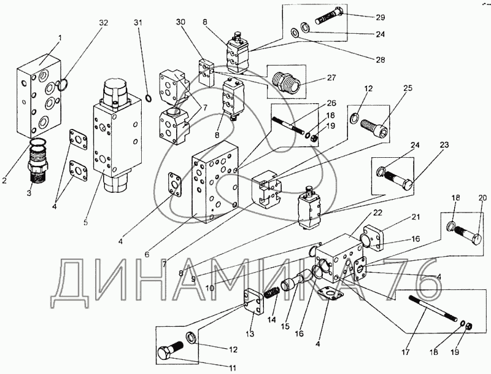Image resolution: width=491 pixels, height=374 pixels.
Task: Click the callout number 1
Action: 60,39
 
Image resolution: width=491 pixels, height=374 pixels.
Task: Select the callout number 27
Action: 331,78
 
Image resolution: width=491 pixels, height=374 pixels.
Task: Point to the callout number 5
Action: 85,222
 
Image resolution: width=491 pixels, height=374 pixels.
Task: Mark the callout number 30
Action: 180,22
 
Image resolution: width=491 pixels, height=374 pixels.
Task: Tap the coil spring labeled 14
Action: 271,292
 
